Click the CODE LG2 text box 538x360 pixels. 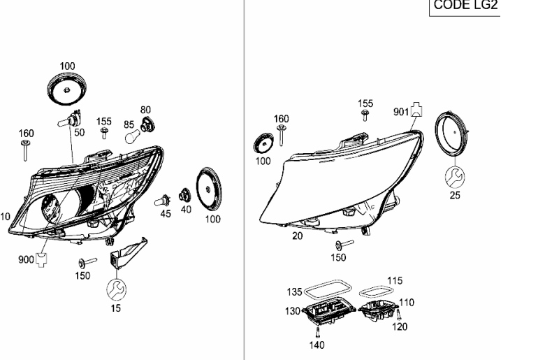465,7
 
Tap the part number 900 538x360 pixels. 26,259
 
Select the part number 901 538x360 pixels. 401,112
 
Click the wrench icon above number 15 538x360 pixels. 116,289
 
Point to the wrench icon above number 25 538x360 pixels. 455,177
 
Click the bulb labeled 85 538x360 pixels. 133,136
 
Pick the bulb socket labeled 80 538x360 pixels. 148,124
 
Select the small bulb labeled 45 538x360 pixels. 161,201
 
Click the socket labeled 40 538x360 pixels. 185,195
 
